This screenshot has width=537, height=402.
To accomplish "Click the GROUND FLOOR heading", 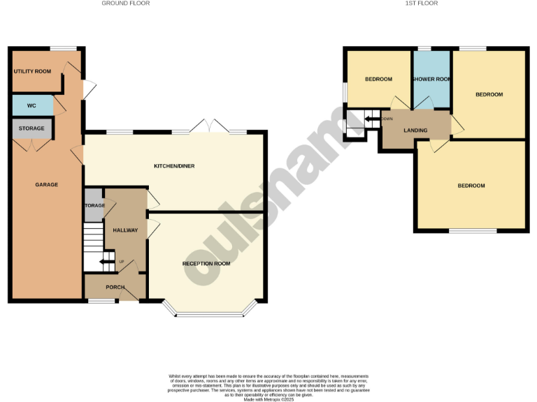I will [126, 3].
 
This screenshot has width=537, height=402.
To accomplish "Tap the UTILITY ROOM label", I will [32, 72].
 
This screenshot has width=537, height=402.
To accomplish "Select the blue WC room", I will [32, 105].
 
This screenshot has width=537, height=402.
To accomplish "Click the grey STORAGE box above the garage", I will [31, 128].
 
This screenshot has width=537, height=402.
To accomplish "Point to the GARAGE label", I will [47, 185].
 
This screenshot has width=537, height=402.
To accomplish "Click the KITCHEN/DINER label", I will [174, 166].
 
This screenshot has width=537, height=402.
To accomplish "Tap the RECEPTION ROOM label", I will [206, 264].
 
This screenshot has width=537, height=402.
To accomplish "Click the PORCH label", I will [115, 288].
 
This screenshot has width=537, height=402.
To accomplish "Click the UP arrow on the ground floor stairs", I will [107, 262].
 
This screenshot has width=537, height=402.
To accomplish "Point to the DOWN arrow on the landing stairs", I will [368, 119].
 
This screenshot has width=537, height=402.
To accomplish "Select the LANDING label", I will [415, 131].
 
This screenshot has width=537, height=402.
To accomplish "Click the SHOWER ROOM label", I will [431, 80].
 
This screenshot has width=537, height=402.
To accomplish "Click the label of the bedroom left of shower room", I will [378, 80].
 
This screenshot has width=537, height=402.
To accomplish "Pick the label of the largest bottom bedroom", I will [471, 186].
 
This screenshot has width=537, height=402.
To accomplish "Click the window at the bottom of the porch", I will [101, 301].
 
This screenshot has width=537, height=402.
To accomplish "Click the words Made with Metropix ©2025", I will [268, 399].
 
